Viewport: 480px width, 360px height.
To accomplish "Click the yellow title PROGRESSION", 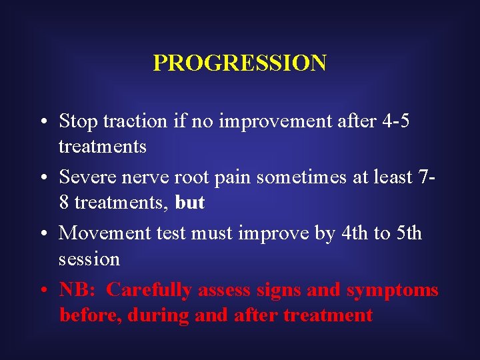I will click(239, 63).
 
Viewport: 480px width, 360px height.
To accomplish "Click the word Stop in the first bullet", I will click(75, 121).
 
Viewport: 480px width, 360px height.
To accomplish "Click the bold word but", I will click(190, 202).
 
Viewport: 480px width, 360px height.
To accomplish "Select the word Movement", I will click(98, 233).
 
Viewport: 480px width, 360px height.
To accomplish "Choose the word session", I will click(89, 258).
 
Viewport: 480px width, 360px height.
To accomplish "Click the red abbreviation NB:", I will click(77, 290).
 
